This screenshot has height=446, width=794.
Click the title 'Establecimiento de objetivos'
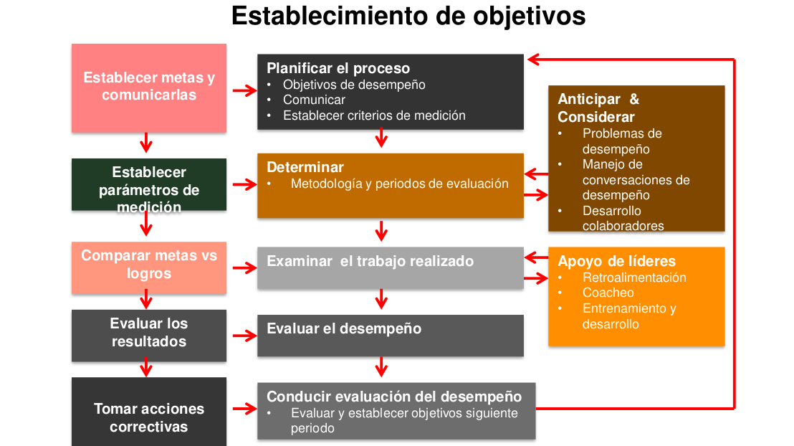408,16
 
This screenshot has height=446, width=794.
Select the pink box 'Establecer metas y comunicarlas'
149,88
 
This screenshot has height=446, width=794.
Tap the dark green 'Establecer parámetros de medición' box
149,184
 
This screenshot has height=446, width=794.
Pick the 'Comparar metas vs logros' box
149,267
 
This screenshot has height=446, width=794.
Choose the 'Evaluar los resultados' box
149,336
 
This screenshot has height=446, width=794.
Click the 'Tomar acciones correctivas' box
149,412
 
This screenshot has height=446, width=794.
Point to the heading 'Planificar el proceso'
338,68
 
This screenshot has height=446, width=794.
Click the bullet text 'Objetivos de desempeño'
354,85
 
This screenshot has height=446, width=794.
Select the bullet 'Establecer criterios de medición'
374,115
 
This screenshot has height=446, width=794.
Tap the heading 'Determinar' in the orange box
305,167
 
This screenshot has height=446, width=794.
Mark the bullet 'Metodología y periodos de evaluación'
400,184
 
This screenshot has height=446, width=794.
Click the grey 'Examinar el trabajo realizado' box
391,268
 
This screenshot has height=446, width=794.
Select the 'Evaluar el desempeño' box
391,336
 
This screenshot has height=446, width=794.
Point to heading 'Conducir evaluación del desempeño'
394,397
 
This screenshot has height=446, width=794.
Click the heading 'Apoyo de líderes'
617,261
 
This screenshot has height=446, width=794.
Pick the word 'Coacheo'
608,293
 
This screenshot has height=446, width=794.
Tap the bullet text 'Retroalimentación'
634,277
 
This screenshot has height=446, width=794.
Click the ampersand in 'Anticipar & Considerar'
634,99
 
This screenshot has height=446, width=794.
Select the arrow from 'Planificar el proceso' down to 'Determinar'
381,138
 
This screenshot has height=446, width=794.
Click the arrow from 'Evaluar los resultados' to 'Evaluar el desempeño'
244,336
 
